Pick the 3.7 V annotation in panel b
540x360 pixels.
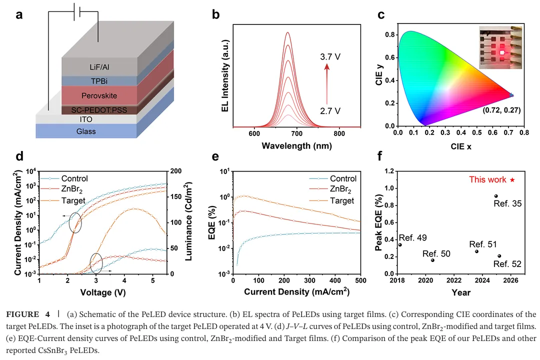click(x=330, y=57)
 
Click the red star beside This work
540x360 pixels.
click(x=512, y=179)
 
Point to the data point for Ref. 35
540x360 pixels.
click(x=496, y=196)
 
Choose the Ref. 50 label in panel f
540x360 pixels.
click(x=436, y=254)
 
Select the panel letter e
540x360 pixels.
click(x=216, y=156)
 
